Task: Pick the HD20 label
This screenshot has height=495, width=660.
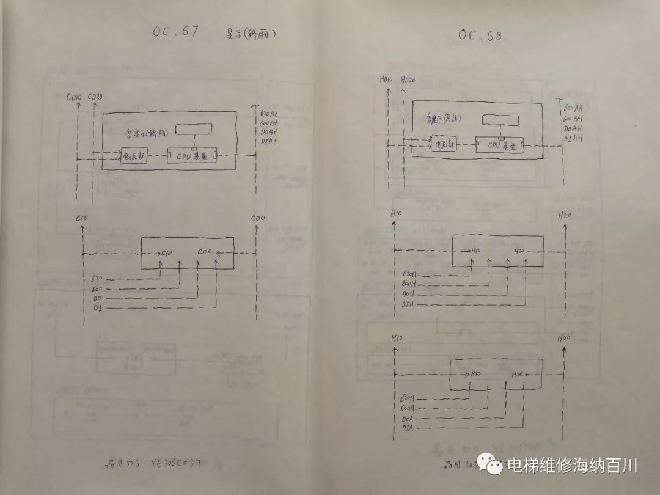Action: (408, 80)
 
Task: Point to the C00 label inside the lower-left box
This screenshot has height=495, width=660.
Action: (205, 252)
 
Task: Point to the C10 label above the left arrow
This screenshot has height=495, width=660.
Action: (81, 218)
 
